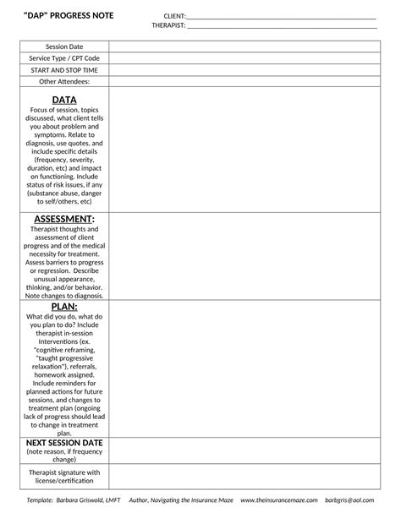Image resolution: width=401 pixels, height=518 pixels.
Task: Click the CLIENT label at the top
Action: pyautogui.click(x=174, y=16)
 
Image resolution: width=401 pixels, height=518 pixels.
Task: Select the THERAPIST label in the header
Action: pyautogui.click(x=168, y=25)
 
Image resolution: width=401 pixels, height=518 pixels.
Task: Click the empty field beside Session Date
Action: pyautogui.click(x=243, y=46)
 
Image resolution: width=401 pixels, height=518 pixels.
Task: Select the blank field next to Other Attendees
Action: pyautogui.click(x=243, y=82)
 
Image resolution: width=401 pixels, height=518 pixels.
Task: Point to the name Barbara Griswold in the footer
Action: pyautogui.click(x=86, y=501)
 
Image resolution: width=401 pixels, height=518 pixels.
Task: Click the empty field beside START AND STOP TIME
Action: pyautogui.click(x=243, y=70)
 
